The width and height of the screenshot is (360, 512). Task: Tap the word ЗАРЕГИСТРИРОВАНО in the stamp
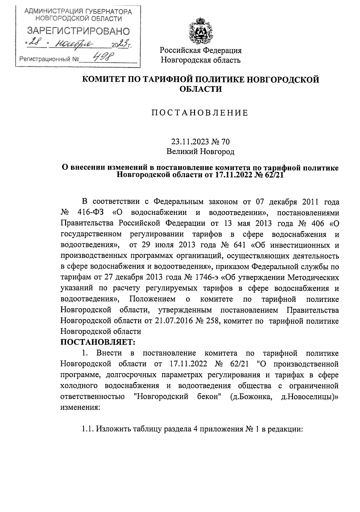point(79,31)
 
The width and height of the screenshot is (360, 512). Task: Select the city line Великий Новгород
point(200,152)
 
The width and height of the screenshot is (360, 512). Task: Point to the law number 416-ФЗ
point(91,213)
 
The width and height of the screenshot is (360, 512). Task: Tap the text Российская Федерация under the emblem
point(200,50)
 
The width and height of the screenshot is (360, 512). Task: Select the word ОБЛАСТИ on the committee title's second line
point(200,89)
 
